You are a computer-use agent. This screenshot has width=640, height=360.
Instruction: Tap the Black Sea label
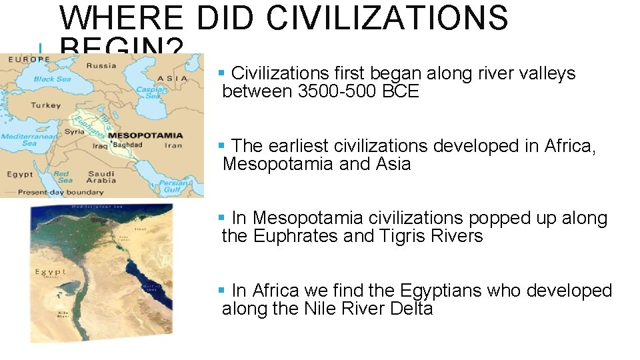(53, 79)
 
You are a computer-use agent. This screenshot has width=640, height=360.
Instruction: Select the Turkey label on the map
(45, 105)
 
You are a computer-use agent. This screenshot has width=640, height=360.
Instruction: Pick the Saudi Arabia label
(101, 178)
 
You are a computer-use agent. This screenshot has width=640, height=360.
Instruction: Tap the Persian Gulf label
(173, 185)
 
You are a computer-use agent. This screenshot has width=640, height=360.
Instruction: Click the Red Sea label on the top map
(64, 177)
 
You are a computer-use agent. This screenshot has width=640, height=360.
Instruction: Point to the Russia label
(101, 65)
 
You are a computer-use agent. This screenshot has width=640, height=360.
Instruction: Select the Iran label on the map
(173, 145)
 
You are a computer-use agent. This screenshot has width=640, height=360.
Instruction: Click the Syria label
(75, 131)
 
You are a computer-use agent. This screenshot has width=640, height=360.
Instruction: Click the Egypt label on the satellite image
(51, 272)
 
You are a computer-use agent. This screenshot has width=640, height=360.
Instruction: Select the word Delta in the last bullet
(411, 309)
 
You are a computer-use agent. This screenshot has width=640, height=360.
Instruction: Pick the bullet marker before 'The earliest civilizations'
(222, 145)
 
